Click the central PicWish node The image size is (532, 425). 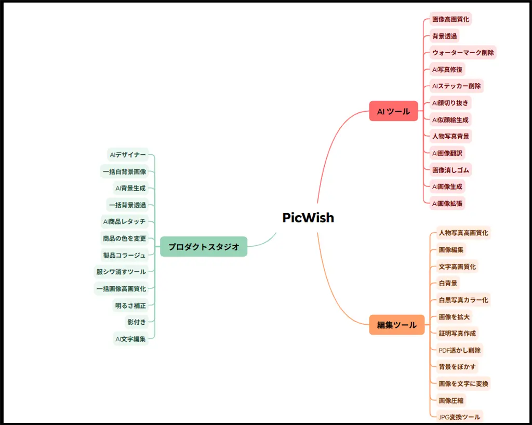pyautogui.click(x=308, y=218)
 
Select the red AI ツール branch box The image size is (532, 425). pyautogui.click(x=393, y=111)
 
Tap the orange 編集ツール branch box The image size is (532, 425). pyautogui.click(x=396, y=325)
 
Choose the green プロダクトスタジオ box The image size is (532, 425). pyautogui.click(x=204, y=247)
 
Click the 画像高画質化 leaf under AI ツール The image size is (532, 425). pyautogui.click(x=450, y=20)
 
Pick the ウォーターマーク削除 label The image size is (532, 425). pyautogui.click(x=463, y=52)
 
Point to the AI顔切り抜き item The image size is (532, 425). pyautogui.click(x=450, y=103)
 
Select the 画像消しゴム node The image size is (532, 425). pyautogui.click(x=451, y=170)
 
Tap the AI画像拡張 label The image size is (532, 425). pyautogui.click(x=447, y=203)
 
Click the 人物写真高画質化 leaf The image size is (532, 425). pyautogui.click(x=463, y=233)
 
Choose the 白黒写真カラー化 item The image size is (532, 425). pyautogui.click(x=463, y=300)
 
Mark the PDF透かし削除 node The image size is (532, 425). pyautogui.click(x=459, y=350)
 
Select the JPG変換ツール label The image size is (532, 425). pyautogui.click(x=459, y=417)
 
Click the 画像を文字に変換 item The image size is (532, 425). pyautogui.click(x=463, y=383)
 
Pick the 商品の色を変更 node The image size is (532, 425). pyautogui.click(x=124, y=238)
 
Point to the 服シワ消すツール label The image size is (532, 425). pyautogui.click(x=121, y=272)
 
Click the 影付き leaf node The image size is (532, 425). pyautogui.click(x=137, y=322)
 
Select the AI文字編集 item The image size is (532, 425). pyautogui.click(x=130, y=339)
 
